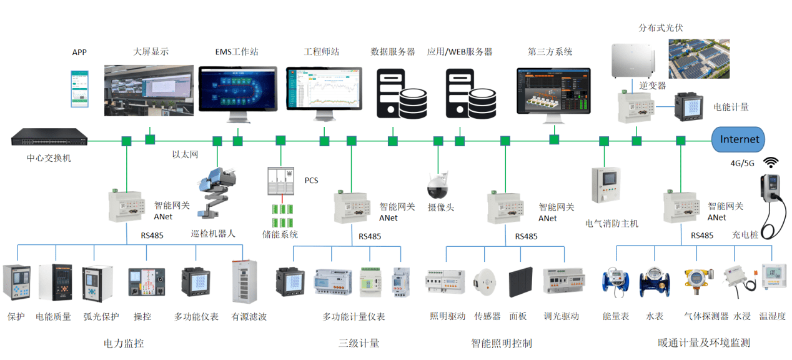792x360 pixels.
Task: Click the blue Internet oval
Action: coord(739,139)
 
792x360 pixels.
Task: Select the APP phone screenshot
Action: coord(79,88)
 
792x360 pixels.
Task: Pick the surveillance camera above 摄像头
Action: coord(438,183)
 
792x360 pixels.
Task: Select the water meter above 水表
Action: coord(654,282)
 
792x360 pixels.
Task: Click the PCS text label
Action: coord(311,181)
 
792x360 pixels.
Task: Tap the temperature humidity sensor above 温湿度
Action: coord(773,279)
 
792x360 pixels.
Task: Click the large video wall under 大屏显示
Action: coord(148,89)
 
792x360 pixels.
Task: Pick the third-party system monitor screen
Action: coord(553,91)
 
